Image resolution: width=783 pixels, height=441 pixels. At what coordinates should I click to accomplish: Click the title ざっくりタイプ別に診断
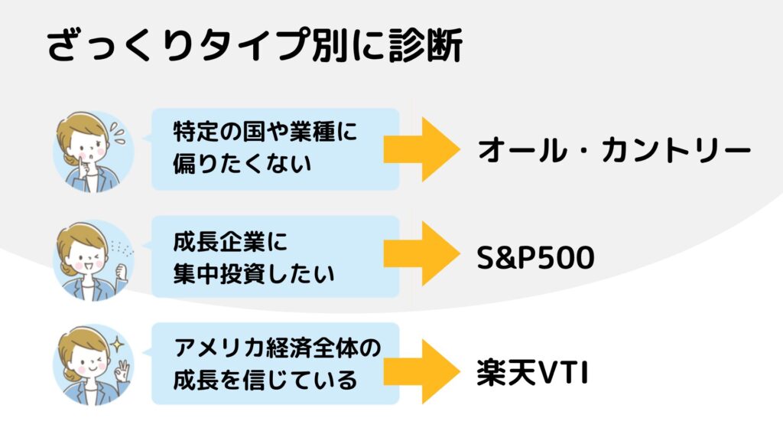pyautogui.click(x=255, y=45)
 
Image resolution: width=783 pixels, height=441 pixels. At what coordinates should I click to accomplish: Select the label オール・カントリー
pyautogui.click(x=614, y=151)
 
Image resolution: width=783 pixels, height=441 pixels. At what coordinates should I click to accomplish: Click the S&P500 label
pyautogui.click(x=535, y=257)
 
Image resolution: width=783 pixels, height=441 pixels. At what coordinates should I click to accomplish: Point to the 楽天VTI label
pyautogui.click(x=532, y=373)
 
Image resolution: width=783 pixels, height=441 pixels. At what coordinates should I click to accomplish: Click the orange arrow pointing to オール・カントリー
pyautogui.click(x=422, y=149)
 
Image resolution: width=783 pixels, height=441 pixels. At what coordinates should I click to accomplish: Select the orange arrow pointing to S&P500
pyautogui.click(x=422, y=253)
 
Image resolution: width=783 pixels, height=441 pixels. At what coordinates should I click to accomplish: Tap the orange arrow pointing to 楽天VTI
pyautogui.click(x=422, y=371)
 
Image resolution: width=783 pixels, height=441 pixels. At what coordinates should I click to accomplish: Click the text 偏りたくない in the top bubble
pyautogui.click(x=242, y=164)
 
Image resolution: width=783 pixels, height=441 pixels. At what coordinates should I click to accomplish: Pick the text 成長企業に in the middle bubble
pyautogui.click(x=230, y=241)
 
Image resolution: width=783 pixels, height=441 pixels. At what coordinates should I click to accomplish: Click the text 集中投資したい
pyautogui.click(x=254, y=273)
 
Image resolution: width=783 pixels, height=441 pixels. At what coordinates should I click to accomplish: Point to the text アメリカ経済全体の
pyautogui.click(x=277, y=348)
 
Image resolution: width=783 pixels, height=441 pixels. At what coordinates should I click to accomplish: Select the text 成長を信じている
pyautogui.click(x=265, y=380)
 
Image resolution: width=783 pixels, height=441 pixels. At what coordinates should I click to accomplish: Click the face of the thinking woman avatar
pyautogui.click(x=89, y=149)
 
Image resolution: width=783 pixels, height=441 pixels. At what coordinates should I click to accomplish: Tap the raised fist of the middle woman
pyautogui.click(x=122, y=273)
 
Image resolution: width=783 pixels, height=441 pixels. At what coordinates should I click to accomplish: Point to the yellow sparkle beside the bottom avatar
pyautogui.click(x=117, y=344)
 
